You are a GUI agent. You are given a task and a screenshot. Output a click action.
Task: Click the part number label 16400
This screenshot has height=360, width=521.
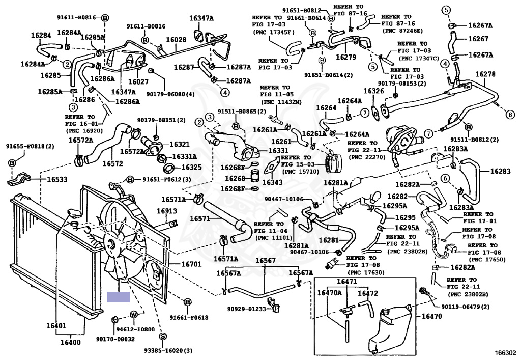pos(71,342)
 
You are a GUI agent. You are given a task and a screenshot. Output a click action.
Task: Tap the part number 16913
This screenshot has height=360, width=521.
pos(166,211)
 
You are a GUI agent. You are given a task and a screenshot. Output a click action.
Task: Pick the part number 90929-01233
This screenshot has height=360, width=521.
pos(247,309)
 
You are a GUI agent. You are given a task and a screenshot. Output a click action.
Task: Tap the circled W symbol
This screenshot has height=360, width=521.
pos(134,314)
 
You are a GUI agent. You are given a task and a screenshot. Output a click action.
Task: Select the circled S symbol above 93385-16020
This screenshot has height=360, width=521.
pos(163,336)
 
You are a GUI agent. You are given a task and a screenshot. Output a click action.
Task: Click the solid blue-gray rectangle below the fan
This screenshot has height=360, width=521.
pos(119,297)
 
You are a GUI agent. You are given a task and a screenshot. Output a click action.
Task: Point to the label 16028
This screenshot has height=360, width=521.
pos(176,39)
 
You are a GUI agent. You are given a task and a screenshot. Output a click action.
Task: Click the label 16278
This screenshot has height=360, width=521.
pos(485,74)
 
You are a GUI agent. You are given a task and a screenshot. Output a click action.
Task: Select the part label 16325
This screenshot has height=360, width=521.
pos(191,167)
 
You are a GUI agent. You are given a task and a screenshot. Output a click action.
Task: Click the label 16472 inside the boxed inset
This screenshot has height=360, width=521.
pos(368,293)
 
